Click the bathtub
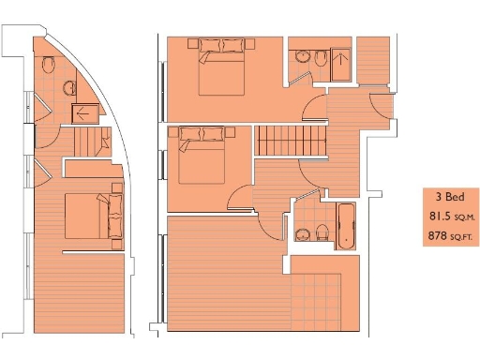(346, 226)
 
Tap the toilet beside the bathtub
(322, 232)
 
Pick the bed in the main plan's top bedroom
(222, 67)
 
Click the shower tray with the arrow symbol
(85, 113)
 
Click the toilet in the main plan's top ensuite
(322, 60)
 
